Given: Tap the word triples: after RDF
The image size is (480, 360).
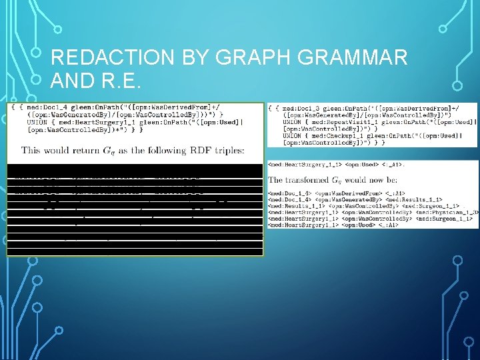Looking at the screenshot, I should click(223, 150).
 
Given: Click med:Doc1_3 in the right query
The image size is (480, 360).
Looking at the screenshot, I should click(303, 108).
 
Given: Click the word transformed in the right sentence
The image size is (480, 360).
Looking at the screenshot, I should click(314, 179).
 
